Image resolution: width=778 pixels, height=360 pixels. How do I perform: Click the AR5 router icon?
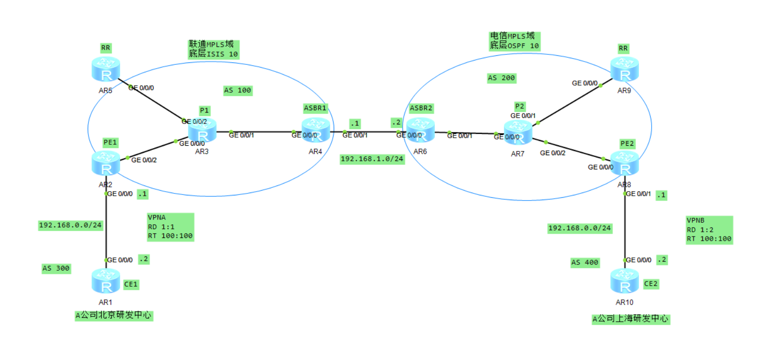(x=106, y=70)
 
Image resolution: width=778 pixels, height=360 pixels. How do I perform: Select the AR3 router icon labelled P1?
(x=202, y=131)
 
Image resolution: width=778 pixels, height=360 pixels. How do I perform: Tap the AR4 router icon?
(x=316, y=130)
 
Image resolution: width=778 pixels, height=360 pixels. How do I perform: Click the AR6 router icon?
(x=420, y=130)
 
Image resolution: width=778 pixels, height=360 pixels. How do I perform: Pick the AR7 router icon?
(x=518, y=132)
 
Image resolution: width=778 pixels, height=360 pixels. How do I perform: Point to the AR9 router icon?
(x=624, y=69)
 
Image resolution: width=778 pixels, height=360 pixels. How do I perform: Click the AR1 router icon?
(x=106, y=281)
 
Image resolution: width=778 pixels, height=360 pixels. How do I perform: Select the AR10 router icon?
(x=624, y=281)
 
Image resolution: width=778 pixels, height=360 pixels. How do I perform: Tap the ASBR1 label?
(x=315, y=108)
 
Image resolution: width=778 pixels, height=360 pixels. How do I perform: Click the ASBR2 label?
(x=421, y=108)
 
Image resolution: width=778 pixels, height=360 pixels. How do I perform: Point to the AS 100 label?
(x=238, y=90)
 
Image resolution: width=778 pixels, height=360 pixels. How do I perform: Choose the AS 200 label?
(x=501, y=78)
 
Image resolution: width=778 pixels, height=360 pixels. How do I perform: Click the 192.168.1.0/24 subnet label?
(x=372, y=159)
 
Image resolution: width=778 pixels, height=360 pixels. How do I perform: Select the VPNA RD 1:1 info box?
(x=170, y=227)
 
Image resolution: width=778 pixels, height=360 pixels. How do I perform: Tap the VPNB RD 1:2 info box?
(x=709, y=230)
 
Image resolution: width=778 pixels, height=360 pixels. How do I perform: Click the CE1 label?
(x=131, y=284)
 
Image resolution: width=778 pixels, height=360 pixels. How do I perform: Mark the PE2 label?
(x=627, y=144)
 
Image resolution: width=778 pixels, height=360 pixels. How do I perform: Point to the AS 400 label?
(x=584, y=263)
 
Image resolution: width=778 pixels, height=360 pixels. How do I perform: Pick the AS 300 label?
(x=56, y=269)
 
